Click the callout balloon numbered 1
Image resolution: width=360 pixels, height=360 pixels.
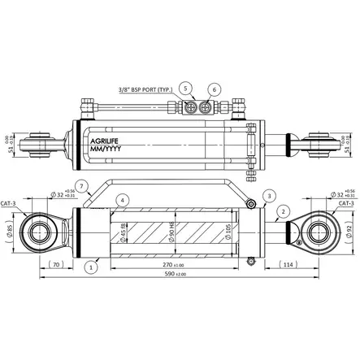pyautogui.click(x=92, y=264)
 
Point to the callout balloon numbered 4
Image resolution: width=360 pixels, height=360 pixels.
pyautogui.click(x=121, y=199)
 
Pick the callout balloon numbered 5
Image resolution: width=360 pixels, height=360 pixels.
pyautogui.click(x=185, y=88)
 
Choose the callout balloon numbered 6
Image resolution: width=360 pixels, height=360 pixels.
pyautogui.click(x=214, y=88)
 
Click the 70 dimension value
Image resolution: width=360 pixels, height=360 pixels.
pyautogui.click(x=56, y=264)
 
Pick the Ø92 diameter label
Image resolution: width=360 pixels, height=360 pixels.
pyautogui.click(x=349, y=232)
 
